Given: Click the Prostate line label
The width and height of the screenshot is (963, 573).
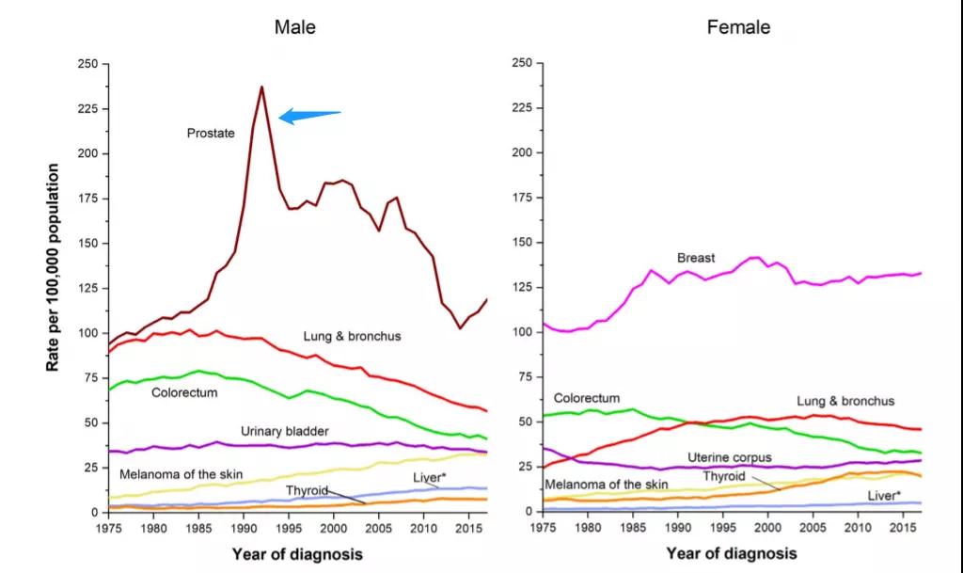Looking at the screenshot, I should pos(210,134).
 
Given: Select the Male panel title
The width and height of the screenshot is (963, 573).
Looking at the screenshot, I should pos(294,27).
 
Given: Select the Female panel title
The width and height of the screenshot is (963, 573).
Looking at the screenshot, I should pos(738,27).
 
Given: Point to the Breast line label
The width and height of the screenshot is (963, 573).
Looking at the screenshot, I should pos(696,258).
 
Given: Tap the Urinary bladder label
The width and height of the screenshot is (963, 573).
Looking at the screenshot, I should pos(284,431).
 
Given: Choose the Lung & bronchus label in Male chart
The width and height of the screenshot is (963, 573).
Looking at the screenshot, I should pos(352,336).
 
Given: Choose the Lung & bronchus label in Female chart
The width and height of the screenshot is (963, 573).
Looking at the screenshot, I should pos(845,401).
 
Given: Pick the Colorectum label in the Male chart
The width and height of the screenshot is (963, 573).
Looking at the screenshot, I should pos(184,391).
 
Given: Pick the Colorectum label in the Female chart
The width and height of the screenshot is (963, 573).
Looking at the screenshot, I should pos(587,398).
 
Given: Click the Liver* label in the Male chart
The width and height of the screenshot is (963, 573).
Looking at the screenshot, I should pos(429,478).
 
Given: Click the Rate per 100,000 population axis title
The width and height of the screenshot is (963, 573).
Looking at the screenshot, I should pos(55,267).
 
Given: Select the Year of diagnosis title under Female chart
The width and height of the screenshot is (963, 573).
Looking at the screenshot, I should pos(731,553).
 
